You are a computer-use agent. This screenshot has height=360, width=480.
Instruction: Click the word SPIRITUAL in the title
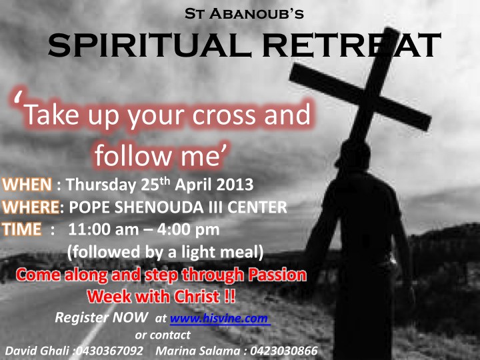pos(149,45)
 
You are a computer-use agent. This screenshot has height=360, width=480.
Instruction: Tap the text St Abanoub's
pos(244,14)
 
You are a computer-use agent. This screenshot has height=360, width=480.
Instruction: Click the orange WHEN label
pos(27,185)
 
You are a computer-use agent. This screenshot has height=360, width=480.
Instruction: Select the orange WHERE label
pos(31,207)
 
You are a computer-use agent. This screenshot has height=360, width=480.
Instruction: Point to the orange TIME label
pos(22,229)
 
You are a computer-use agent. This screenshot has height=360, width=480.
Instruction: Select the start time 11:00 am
pos(103,229)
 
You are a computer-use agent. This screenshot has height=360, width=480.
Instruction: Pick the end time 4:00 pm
pos(188,229)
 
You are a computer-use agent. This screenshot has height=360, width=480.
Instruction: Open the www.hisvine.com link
pos(219,319)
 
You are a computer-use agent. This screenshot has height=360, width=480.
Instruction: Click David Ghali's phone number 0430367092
pos(109,351)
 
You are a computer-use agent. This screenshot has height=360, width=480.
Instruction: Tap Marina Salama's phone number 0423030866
pos(284,351)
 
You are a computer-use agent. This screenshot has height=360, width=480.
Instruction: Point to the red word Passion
pos(277,275)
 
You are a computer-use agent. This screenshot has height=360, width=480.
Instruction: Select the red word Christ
pos(197,296)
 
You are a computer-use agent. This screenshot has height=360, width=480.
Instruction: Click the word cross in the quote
pos(224,115)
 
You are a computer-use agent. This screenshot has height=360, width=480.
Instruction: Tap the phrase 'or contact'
pos(163,335)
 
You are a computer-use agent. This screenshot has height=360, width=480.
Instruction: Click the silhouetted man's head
pos(353,155)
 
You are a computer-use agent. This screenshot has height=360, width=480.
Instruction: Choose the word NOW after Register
pos(129,317)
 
